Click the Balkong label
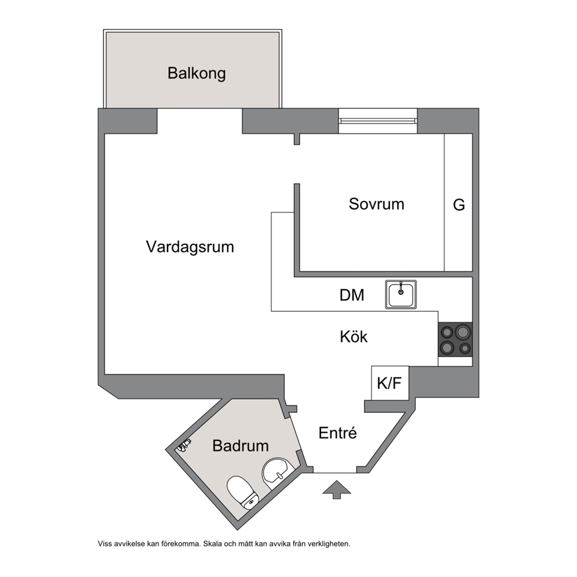click(x=197, y=73)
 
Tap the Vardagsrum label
click(x=190, y=247)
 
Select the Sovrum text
click(x=376, y=204)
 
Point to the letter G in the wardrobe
click(x=459, y=205)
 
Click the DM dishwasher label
click(x=352, y=295)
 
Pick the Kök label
click(x=354, y=337)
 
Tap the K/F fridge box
click(x=390, y=383)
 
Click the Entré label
click(x=337, y=433)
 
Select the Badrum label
click(x=241, y=446)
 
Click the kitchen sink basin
click(x=401, y=294)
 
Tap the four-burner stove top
click(x=455, y=340)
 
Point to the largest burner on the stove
click(x=462, y=332)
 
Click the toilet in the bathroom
click(x=243, y=492)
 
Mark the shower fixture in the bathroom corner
click(x=184, y=446)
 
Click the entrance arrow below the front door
click(x=337, y=490)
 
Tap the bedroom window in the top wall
click(x=378, y=121)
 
